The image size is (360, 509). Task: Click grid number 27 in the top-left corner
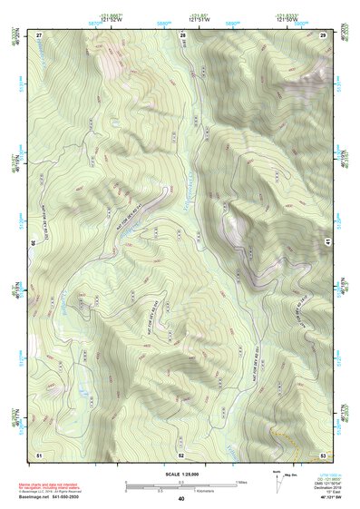coord(40,34)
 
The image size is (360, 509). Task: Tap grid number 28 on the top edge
coord(182,34)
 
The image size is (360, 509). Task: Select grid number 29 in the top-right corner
coord(323,34)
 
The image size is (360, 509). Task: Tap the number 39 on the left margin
coord(33,242)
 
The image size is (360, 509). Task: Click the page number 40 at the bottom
coord(181,499)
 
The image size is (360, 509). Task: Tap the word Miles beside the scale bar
coord(240,481)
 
